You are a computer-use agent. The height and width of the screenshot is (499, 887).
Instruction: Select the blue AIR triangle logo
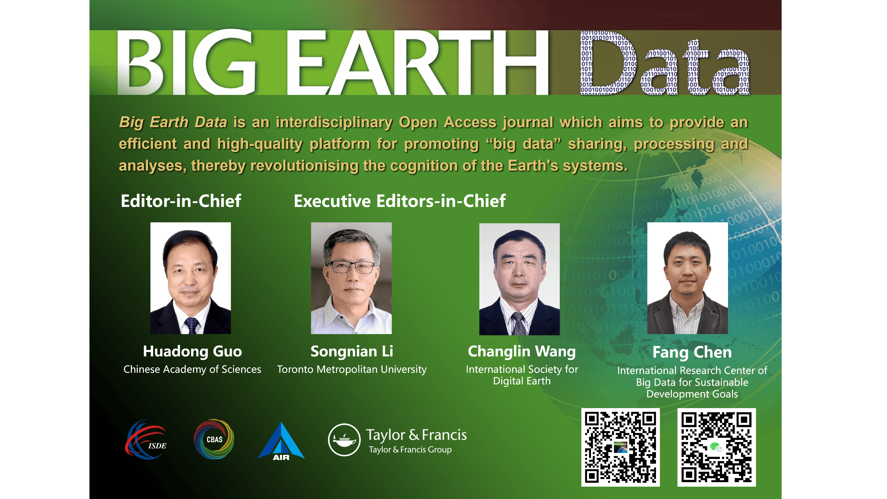[x=281, y=441]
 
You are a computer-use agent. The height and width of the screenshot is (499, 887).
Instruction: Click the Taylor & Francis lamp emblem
[x=344, y=440]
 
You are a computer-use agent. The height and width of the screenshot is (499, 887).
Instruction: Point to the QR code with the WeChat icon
[x=717, y=447]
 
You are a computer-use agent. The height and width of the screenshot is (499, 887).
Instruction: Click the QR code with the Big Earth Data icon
[x=621, y=447]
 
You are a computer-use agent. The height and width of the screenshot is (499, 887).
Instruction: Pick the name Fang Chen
[x=692, y=352]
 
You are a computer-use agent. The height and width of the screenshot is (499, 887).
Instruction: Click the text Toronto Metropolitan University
[x=352, y=369]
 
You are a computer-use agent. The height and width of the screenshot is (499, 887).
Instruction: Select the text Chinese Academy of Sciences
[x=192, y=369]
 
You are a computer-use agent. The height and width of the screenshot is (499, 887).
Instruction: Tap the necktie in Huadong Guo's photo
[x=191, y=326]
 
